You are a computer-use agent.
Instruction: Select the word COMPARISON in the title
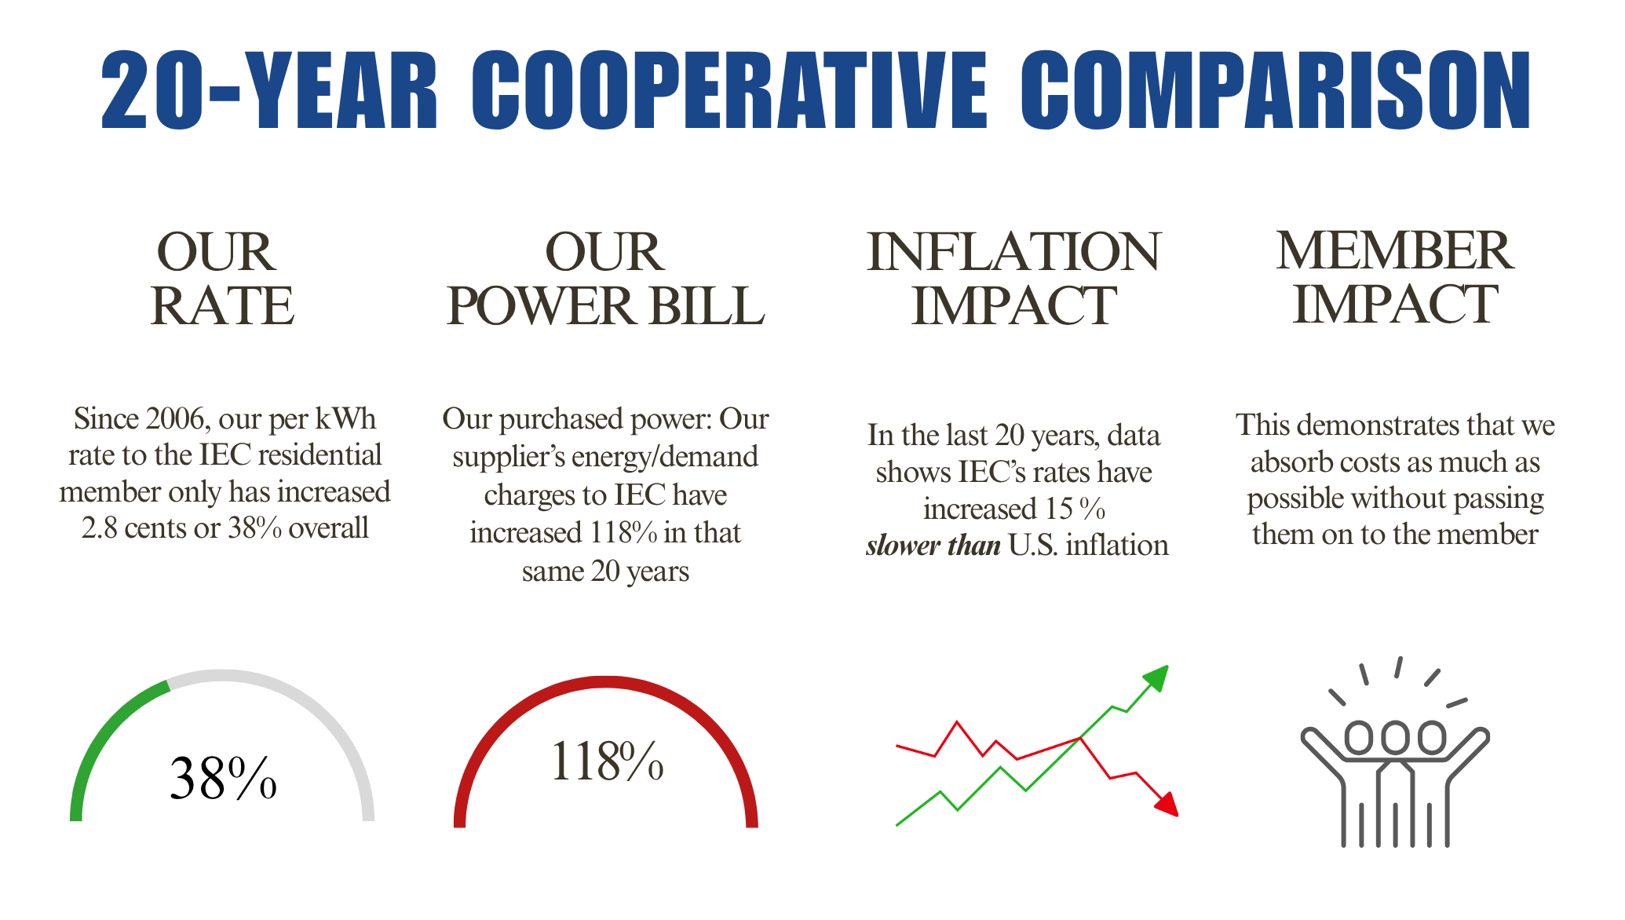click(x=1275, y=89)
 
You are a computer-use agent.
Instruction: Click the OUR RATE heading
click(x=222, y=279)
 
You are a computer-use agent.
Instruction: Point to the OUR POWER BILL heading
click(x=605, y=279)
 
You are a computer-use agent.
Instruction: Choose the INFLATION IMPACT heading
click(x=1013, y=279)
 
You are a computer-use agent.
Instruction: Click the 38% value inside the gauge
click(x=223, y=779)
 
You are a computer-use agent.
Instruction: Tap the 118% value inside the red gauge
click(x=607, y=761)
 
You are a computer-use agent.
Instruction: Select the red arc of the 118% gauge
click(x=605, y=682)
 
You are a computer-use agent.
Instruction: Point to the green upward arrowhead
click(x=1157, y=677)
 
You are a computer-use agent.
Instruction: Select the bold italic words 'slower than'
click(x=933, y=546)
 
